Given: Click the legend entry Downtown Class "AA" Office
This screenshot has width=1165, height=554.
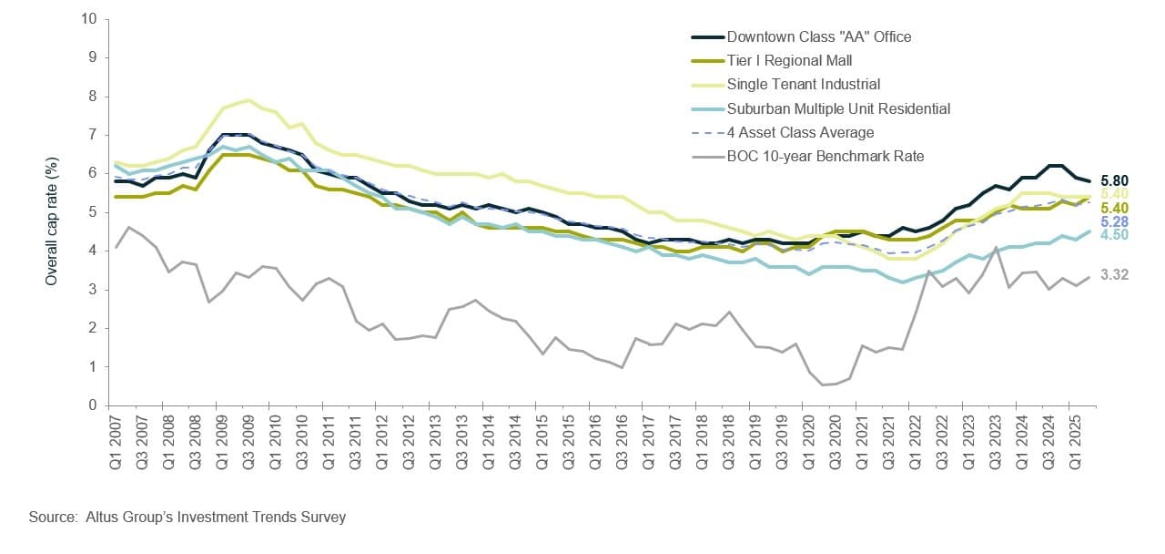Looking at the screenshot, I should [818, 37].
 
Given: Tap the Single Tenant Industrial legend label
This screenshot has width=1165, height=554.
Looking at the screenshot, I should [804, 85].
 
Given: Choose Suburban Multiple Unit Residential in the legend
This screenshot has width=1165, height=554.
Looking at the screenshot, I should [838, 108].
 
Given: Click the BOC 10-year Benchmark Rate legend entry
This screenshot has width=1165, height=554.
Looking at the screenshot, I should [826, 156].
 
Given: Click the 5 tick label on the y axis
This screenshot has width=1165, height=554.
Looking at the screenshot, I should [94, 212].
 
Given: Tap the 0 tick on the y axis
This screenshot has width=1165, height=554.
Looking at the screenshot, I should [94, 405].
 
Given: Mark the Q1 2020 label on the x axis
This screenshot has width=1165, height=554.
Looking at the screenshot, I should [809, 441].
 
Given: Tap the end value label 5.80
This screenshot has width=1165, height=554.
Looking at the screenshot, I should [1115, 181].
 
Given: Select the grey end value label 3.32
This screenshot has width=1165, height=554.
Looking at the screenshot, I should [1115, 274].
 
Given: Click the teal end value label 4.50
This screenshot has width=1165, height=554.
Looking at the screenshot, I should [1115, 234].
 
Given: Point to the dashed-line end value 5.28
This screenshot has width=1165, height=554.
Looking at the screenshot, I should [1115, 221].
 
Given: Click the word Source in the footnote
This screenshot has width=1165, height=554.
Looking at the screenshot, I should [51, 518].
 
